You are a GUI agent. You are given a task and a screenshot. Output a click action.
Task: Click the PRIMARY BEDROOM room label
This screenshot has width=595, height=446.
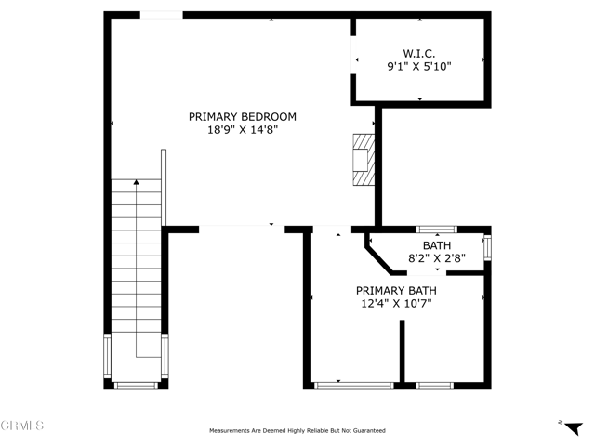click(x=243, y=117)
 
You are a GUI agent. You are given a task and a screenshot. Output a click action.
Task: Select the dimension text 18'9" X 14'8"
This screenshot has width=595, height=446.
click(x=243, y=130)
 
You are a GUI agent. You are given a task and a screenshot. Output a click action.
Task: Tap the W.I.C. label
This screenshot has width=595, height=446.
click(x=419, y=54)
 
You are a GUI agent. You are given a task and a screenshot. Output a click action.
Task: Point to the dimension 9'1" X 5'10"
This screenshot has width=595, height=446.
click(x=419, y=67)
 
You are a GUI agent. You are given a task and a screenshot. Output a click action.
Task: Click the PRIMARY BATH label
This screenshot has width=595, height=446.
click(x=396, y=291)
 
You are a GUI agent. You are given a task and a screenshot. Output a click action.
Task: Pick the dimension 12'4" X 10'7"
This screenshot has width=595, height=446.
click(x=396, y=304)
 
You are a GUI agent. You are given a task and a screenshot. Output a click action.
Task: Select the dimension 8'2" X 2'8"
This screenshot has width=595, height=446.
click(x=437, y=258)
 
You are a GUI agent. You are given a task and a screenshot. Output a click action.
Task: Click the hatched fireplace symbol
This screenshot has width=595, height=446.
click(x=364, y=160)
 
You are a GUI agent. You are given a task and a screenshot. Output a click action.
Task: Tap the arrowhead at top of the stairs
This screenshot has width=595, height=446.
click(x=137, y=182)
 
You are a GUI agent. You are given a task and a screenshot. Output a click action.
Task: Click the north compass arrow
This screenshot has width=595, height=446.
click(x=574, y=428)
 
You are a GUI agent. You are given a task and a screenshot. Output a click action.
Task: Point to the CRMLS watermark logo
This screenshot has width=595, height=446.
click(x=22, y=426)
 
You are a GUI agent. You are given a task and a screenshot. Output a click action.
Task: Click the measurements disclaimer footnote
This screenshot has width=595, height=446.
click(x=297, y=431)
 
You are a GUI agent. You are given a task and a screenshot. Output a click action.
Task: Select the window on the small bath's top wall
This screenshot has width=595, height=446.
click(x=437, y=230)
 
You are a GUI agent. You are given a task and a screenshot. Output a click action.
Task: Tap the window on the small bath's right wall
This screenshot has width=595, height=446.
click(x=487, y=248)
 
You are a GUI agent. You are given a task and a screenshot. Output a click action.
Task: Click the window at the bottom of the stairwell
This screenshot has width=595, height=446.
click(x=136, y=386)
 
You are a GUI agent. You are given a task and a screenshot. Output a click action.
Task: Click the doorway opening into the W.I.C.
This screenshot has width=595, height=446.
click(x=353, y=55)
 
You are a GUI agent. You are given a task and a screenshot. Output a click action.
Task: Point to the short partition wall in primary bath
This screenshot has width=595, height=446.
click(x=402, y=351)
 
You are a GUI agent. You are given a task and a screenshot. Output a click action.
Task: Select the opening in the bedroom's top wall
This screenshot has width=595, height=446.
click(x=162, y=15)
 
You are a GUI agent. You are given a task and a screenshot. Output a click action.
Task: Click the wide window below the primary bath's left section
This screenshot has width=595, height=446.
click(x=354, y=386)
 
